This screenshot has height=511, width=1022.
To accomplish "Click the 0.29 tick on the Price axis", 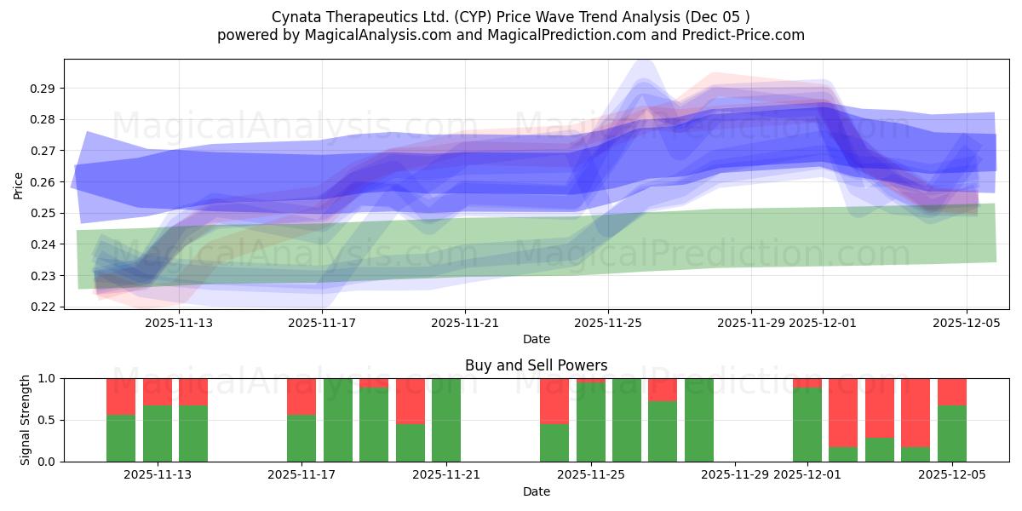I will pyautogui.click(x=44, y=89).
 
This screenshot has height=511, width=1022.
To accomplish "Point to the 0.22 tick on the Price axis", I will pyautogui.click(x=44, y=307).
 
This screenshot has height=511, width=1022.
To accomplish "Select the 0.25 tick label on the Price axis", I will pyautogui.click(x=44, y=213).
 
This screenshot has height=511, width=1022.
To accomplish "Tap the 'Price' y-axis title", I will pyautogui.click(x=19, y=185).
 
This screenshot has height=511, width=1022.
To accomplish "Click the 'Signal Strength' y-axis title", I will pyautogui.click(x=26, y=420).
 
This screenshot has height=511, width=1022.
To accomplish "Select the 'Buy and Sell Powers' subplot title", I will pyautogui.click(x=536, y=365).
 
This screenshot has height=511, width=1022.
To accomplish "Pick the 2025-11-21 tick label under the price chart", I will pyautogui.click(x=464, y=323).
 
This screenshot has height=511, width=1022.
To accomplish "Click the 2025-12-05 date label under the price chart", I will pyautogui.click(x=966, y=323).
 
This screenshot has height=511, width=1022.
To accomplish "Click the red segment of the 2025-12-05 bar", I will pyautogui.click(x=951, y=392).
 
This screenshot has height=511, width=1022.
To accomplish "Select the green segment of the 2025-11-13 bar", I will pyautogui.click(x=192, y=434).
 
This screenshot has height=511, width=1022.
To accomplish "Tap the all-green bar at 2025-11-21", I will pyautogui.click(x=446, y=420).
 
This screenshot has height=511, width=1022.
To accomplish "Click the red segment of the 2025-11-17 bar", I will pyautogui.click(x=301, y=396).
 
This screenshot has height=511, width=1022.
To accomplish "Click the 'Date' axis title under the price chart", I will pyautogui.click(x=536, y=339).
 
